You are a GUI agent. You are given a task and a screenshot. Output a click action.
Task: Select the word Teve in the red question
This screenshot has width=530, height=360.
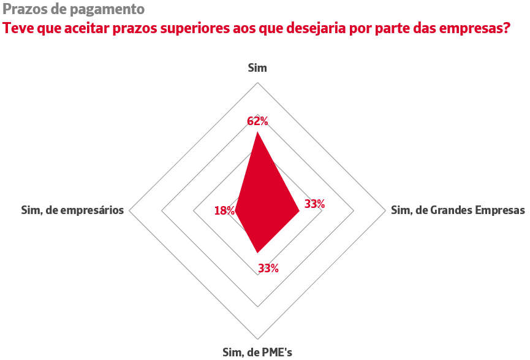19,28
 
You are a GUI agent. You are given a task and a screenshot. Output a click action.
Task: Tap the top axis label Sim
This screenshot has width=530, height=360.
257,68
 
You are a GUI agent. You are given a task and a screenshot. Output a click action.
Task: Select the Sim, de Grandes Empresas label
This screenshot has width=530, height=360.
458,210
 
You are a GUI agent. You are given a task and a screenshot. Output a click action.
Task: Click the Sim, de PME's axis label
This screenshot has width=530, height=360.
257,352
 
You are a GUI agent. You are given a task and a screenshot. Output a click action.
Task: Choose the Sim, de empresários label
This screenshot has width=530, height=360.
72,210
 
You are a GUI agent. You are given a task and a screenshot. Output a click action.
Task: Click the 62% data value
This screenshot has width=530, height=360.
258,121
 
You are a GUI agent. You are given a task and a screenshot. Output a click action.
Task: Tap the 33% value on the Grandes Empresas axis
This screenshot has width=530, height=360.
314,204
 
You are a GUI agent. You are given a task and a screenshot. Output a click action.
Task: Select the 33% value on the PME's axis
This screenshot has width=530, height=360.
268,268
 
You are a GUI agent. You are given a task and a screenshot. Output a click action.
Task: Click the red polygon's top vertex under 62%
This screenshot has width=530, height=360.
258,132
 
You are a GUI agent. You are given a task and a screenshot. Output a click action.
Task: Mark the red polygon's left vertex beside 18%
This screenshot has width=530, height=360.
235,211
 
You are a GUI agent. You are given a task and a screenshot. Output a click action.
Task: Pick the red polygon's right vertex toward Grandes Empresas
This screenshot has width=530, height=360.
299,211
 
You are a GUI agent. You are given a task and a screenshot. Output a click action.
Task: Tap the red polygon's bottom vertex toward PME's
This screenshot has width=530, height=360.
258,253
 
